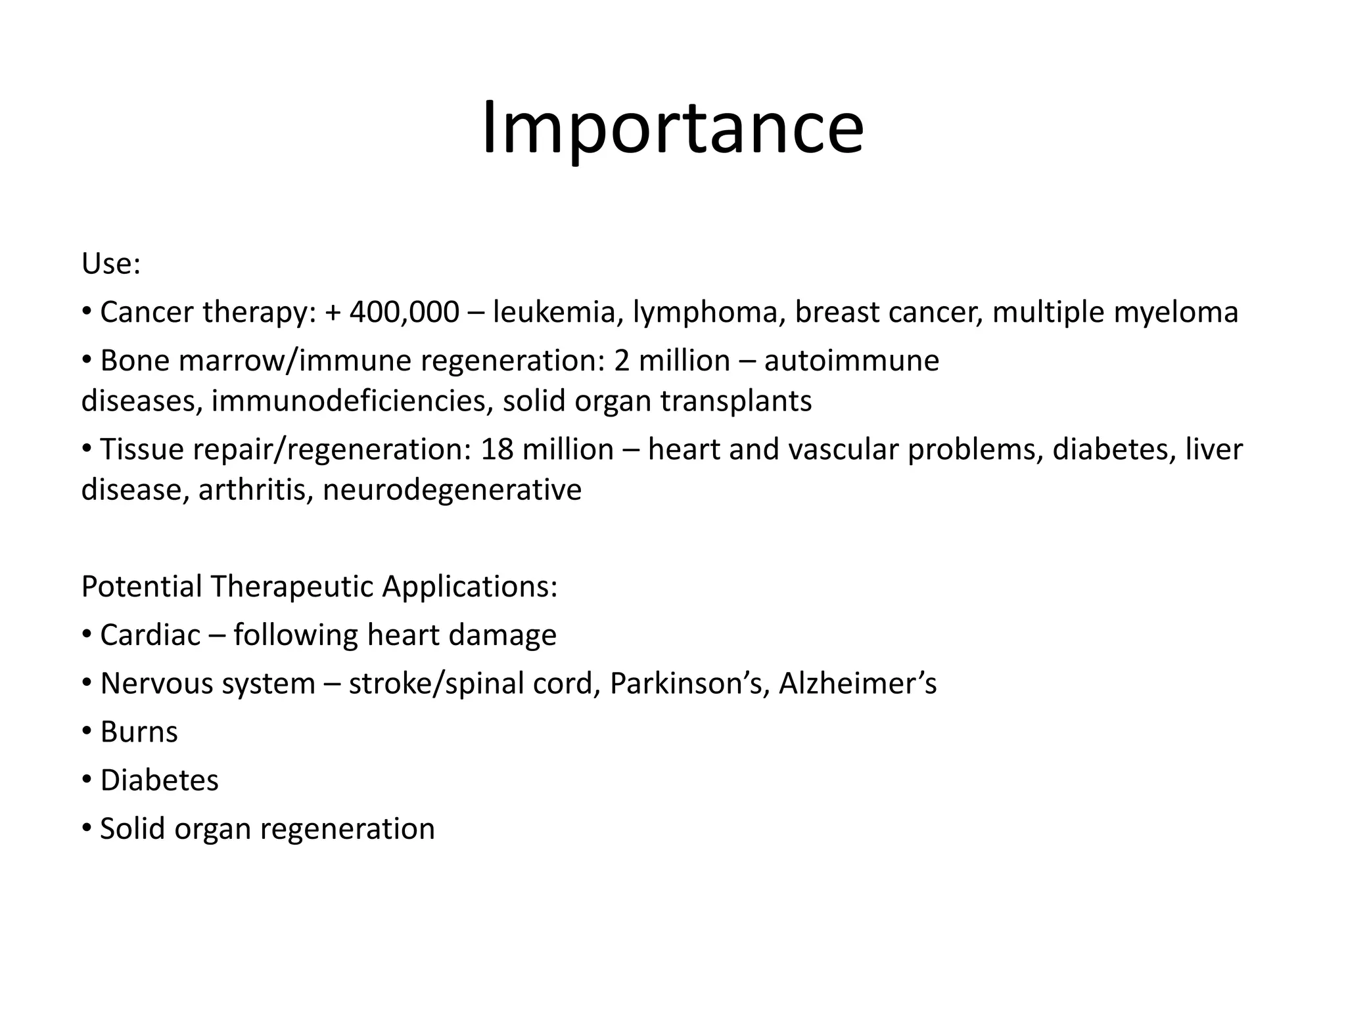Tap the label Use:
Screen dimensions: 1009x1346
pos(110,264)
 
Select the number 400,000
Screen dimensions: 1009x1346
pos(404,312)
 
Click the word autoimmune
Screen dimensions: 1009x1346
pos(852,361)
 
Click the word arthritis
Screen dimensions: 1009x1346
pos(255,490)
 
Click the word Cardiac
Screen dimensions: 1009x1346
pos(150,635)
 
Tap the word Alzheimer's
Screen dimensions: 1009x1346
pos(858,684)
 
